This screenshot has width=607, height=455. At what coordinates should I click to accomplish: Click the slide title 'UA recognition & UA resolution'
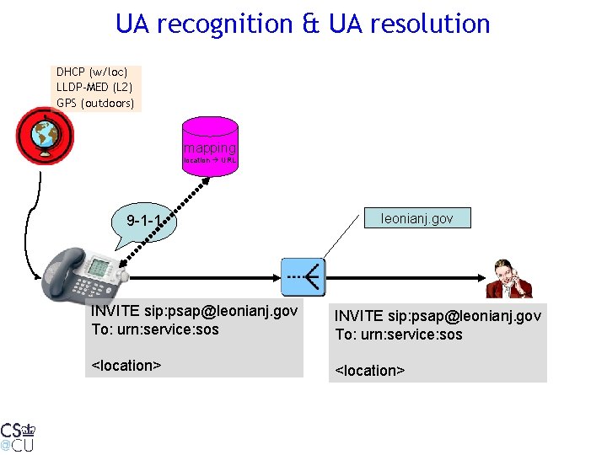(x=303, y=23)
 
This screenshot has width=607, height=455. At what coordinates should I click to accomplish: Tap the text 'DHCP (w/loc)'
(x=92, y=72)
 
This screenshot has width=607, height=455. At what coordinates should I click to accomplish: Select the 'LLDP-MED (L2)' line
(x=94, y=88)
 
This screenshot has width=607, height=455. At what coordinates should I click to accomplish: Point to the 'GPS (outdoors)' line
(x=95, y=103)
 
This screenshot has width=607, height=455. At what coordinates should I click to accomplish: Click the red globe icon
(x=46, y=136)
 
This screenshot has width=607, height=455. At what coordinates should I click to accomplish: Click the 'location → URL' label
(x=210, y=160)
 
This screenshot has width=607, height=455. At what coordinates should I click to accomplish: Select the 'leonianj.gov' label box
(x=416, y=218)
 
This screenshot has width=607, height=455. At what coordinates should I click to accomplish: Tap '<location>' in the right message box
(x=370, y=371)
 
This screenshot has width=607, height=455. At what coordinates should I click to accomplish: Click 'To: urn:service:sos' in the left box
(x=154, y=329)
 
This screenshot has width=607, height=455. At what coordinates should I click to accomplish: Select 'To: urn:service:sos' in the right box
(x=399, y=335)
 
